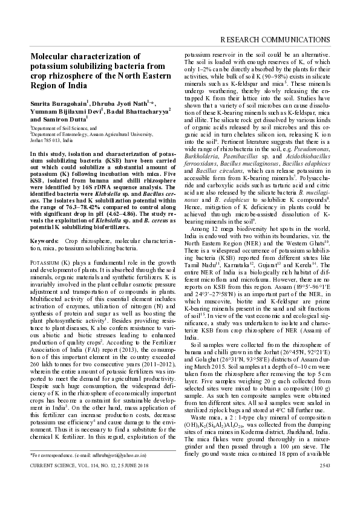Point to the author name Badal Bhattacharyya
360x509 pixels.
click(143, 112)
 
